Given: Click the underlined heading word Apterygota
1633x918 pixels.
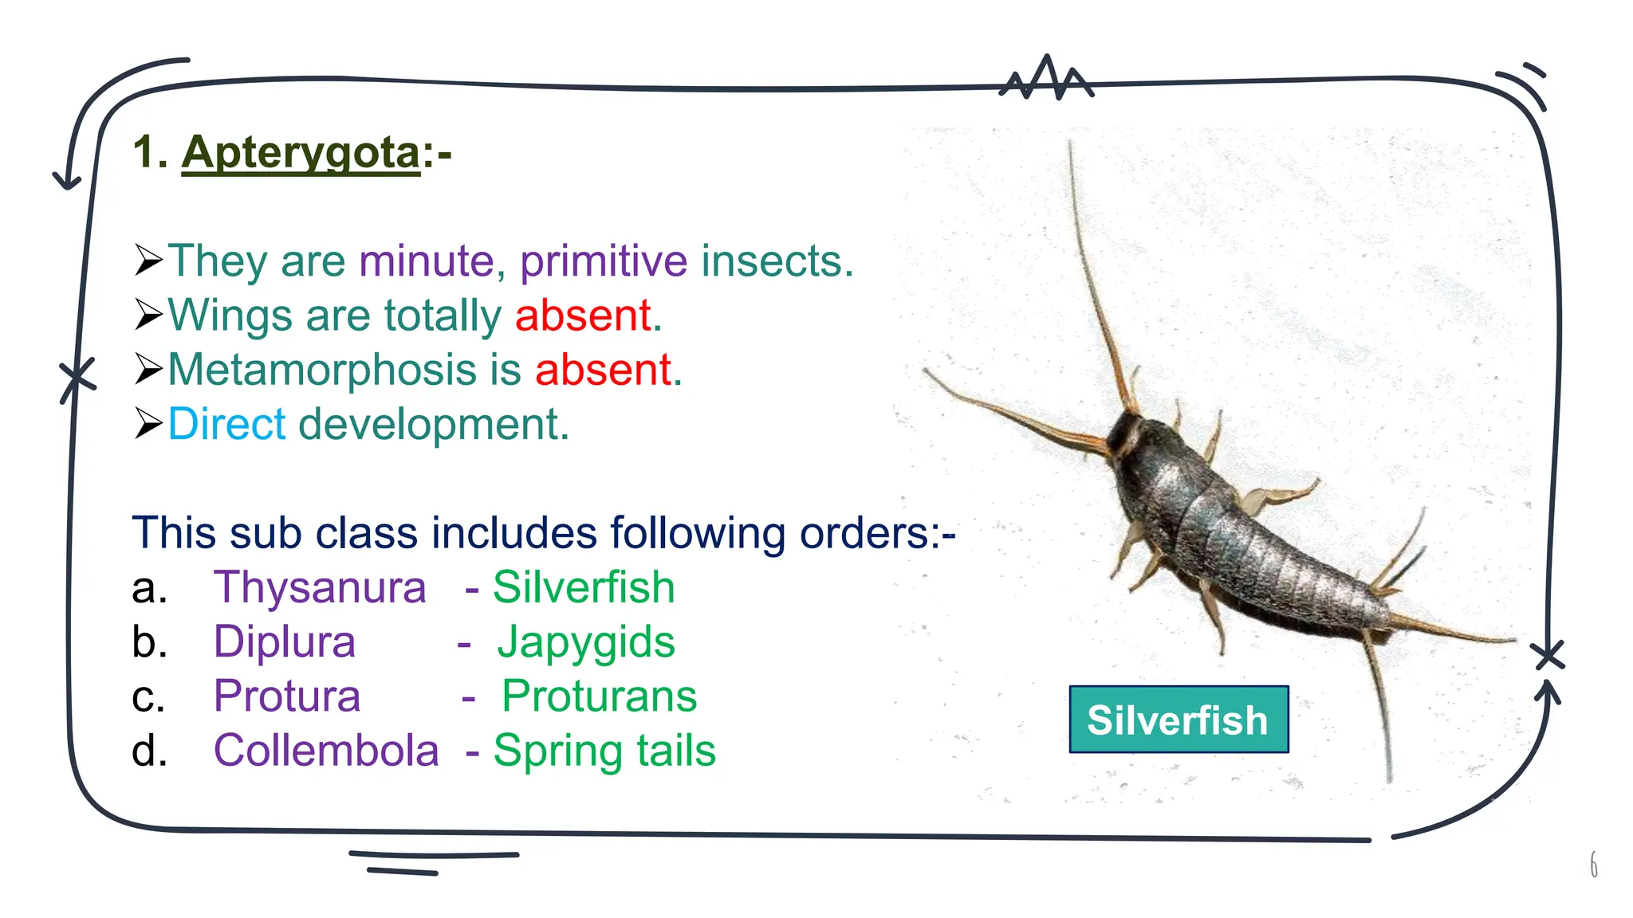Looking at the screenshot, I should coord(301,152).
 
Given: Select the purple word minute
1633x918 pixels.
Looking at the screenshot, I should coord(427,261).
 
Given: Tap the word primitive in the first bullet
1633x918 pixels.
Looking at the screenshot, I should coord(604,261).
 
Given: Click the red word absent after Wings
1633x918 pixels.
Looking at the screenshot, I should coord(584,315).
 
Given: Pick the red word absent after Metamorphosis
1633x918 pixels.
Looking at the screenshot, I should coord(604,370).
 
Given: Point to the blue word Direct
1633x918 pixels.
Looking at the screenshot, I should coord(226,424).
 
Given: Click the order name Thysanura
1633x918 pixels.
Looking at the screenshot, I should coord(320,587).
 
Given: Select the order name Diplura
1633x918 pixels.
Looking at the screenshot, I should coord(285,641).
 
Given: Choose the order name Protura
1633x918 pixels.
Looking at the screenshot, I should coord(287,696).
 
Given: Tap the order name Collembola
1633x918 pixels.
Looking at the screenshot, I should coord(326,751).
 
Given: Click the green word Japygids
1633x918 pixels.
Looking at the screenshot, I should coord(586,641).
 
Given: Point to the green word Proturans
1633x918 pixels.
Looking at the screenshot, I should coord(599,696).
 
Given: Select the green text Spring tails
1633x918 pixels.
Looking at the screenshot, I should coord(604,751).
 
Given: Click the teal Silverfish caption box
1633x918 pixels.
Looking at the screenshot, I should coord(1178,720).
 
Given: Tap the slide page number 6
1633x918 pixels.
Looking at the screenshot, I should coord(1593,865).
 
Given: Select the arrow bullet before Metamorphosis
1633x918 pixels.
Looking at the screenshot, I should coord(148,370).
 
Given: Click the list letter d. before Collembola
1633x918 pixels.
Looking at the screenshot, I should coord(149,751).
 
